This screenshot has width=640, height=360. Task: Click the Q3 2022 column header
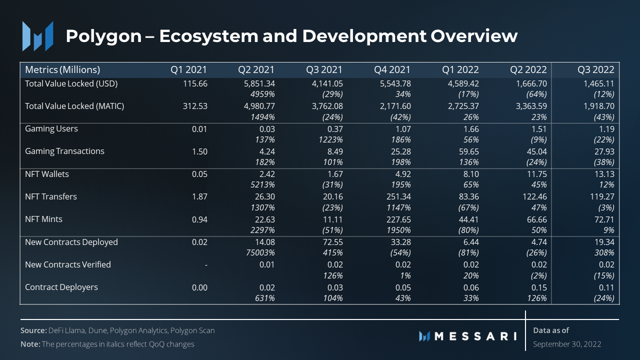[595, 69]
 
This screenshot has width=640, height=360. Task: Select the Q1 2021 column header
[189, 69]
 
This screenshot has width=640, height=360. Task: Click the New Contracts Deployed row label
[71, 242]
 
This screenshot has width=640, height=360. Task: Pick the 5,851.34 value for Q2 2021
[256, 83]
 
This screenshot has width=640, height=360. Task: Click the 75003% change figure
[258, 253]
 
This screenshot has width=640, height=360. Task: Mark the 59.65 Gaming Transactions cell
[468, 151]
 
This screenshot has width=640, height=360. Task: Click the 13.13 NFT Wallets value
[603, 174]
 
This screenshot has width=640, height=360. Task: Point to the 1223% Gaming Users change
[329, 140]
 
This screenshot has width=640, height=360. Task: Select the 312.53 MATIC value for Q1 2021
[194, 106]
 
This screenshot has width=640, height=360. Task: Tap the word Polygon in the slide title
[103, 36]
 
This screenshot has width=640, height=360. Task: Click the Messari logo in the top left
[37, 36]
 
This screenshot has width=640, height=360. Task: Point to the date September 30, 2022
[567, 344]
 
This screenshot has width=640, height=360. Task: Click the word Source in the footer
[33, 330]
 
